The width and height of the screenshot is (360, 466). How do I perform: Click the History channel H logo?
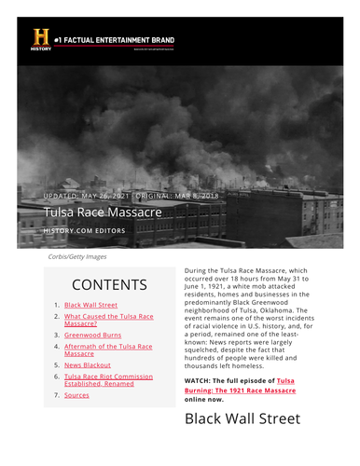41,38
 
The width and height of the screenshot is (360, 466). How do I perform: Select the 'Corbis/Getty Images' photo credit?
76,256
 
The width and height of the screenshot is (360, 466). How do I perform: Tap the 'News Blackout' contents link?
88,365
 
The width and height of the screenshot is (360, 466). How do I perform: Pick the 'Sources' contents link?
76,395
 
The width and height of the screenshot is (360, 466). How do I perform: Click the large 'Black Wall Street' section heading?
242,418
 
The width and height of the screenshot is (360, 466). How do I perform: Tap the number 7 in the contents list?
56,395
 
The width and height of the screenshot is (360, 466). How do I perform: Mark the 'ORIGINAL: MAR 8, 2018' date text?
181,196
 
